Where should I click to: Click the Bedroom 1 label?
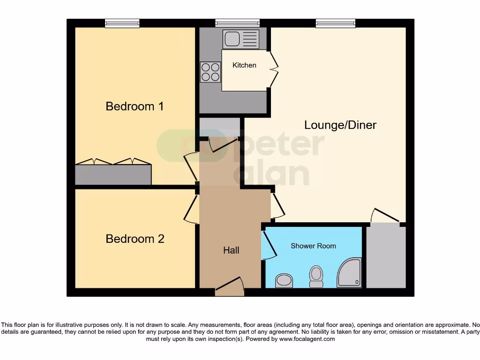pos(135,106)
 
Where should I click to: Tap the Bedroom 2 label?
pos(135,239)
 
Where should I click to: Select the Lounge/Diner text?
pos(340,125)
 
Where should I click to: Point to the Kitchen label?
pos(244,65)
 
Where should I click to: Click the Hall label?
pos(231,250)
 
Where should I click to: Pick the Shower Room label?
pos(313,246)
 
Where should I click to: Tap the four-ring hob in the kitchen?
pos(210,72)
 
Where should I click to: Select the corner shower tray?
pos(350,273)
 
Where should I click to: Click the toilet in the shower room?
pos(316,276)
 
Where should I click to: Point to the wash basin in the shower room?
pos(284,281)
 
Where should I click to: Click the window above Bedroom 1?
pos(122,23)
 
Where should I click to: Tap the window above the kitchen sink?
pos(237,23)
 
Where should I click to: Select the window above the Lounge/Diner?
pos(336,23)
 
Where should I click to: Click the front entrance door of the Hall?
pos(230,287)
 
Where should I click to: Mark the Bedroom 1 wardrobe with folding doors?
pos(113,174)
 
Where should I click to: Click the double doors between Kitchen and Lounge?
pos(273,69)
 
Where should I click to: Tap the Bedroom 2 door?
pos(190,210)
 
